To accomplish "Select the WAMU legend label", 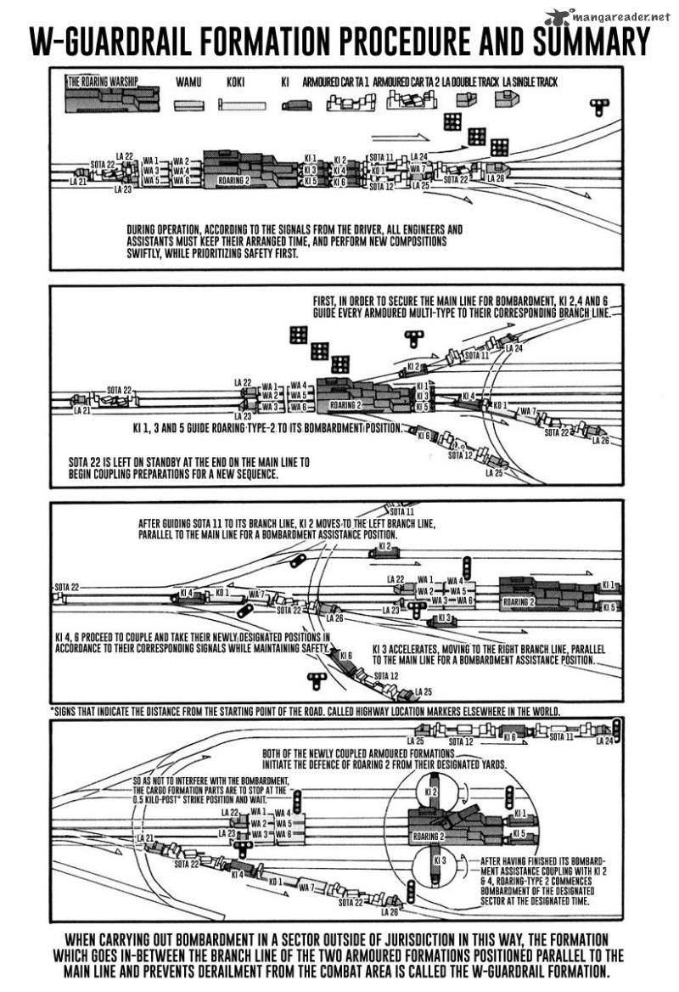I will pos(188,82).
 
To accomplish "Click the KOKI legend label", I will pos(235,82).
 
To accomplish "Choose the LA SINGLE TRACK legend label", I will pos(535,82).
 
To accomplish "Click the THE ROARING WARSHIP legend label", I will pos(102,82).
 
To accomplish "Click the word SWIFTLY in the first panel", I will pos(149,254).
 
